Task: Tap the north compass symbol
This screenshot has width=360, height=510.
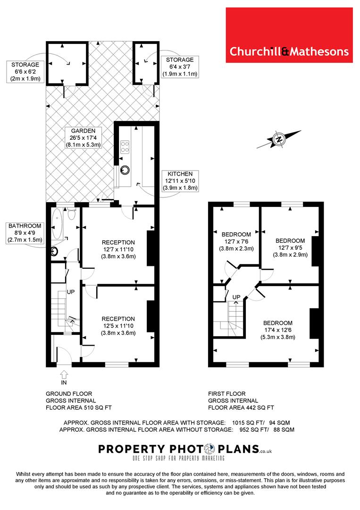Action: pyautogui.click(x=278, y=139)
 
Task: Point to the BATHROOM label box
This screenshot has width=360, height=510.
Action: pyautogui.click(x=25, y=232)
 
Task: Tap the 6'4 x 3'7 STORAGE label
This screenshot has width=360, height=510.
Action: pyautogui.click(x=180, y=67)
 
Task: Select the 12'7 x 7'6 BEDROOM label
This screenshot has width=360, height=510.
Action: pyautogui.click(x=236, y=241)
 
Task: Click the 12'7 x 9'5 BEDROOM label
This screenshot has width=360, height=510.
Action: pyautogui.click(x=291, y=247)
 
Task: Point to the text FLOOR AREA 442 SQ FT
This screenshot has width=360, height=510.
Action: pyautogui.click(x=241, y=408)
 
